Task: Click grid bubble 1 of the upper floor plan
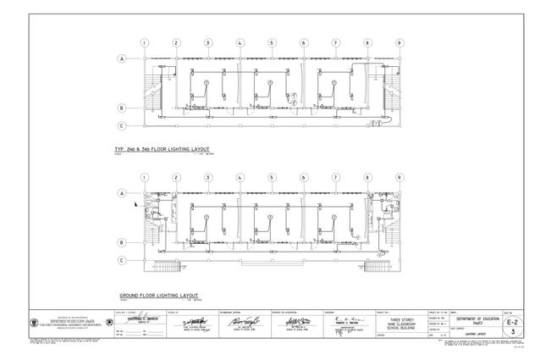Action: [144, 42]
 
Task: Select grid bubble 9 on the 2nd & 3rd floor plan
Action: [399, 42]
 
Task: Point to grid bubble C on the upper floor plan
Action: [122, 126]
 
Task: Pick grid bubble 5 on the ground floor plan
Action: [272, 178]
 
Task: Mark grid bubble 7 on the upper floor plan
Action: [335, 42]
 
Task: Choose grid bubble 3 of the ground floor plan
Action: [207, 178]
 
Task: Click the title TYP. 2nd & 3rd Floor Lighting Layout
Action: [166, 148]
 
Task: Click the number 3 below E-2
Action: [512, 335]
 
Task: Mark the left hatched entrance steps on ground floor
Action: [167, 266]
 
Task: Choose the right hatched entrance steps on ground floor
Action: [377, 266]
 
